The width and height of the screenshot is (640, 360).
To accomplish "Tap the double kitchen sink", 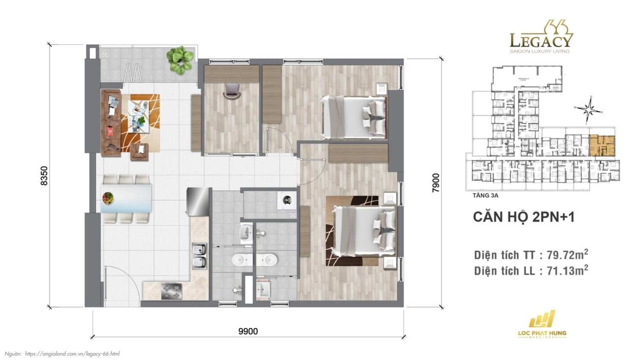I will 199,255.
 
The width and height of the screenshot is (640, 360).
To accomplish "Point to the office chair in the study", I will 232,90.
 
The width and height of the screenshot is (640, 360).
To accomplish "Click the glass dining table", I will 126,198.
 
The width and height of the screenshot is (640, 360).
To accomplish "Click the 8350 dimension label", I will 44,175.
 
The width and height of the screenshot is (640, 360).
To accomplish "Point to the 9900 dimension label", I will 248,331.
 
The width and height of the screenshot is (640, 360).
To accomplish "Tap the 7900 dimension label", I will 436,182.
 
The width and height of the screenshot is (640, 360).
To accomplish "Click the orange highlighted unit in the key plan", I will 602,145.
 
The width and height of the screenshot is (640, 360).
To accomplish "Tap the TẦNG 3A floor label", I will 486,195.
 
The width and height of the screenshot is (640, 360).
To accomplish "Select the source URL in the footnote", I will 72,354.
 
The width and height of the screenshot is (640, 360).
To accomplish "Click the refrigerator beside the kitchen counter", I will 197,202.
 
